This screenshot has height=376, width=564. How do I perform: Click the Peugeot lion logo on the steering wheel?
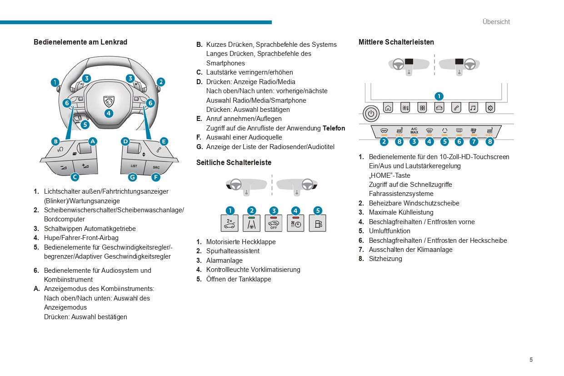click(x=109, y=100)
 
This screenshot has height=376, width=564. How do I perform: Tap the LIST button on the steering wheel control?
click(x=134, y=166)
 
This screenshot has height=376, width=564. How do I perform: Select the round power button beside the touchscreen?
click(x=371, y=113)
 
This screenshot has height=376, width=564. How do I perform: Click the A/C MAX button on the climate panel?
click(x=414, y=131)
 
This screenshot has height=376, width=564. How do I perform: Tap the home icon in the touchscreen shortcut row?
click(x=388, y=108)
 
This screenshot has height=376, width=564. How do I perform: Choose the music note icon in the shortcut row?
click(x=473, y=108)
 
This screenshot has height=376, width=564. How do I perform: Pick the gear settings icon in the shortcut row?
click(x=490, y=108)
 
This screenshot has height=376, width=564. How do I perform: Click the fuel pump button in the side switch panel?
click(x=317, y=223)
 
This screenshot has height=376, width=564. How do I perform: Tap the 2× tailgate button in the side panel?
click(x=230, y=223)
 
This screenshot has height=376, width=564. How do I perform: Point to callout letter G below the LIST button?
click(x=133, y=177)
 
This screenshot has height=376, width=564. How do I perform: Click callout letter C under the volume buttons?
click(x=75, y=177)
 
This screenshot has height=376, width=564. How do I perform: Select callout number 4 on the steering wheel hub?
click(x=109, y=114)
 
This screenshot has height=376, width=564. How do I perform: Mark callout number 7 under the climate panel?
click(x=474, y=142)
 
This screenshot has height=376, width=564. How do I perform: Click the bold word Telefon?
click(x=334, y=128)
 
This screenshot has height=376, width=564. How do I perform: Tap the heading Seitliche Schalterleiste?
click(x=234, y=162)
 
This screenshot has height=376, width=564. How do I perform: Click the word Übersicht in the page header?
click(x=496, y=22)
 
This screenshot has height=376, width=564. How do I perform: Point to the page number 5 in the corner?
click(x=531, y=360)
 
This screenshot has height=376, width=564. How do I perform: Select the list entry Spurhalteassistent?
click(x=233, y=251)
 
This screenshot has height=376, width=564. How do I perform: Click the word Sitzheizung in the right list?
click(x=385, y=259)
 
